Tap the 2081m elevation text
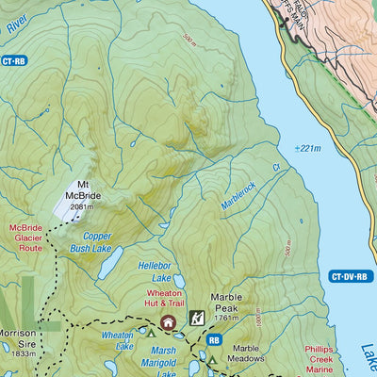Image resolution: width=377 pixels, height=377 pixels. click(x=83, y=207)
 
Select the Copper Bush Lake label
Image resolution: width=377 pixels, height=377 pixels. click(x=96, y=242)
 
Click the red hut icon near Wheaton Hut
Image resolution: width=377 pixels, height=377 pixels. click(x=169, y=323)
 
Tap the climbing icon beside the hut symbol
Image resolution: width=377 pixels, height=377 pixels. click(x=197, y=320)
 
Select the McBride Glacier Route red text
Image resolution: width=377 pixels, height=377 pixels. click(x=25, y=238)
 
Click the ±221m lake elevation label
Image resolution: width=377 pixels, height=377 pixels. click(x=307, y=148)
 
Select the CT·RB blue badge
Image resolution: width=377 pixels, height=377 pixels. click(x=13, y=61)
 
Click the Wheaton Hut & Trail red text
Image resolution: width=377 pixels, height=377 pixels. click(x=163, y=299)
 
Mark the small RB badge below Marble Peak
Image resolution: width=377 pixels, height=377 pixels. click(x=214, y=340)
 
